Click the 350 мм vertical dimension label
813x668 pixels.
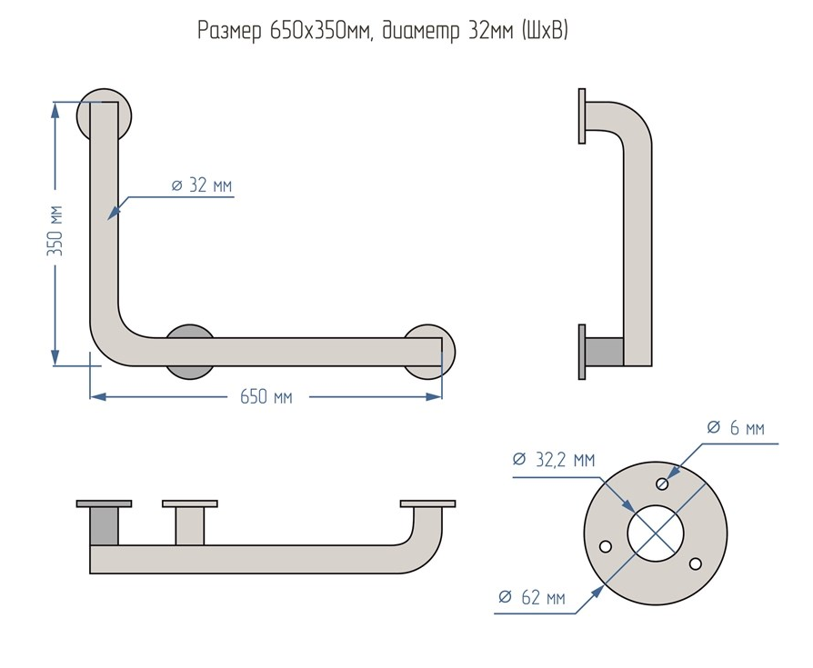(55, 231)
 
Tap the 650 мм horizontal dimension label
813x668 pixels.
(266, 397)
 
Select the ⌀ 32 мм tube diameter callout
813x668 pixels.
(202, 185)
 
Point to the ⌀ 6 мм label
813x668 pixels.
(735, 428)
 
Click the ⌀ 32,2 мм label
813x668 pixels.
(553, 460)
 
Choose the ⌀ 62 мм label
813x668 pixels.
(531, 597)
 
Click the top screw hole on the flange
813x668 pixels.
(662, 484)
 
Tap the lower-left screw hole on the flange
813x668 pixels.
(605, 546)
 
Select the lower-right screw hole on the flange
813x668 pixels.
(696, 563)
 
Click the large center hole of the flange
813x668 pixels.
(656, 533)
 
